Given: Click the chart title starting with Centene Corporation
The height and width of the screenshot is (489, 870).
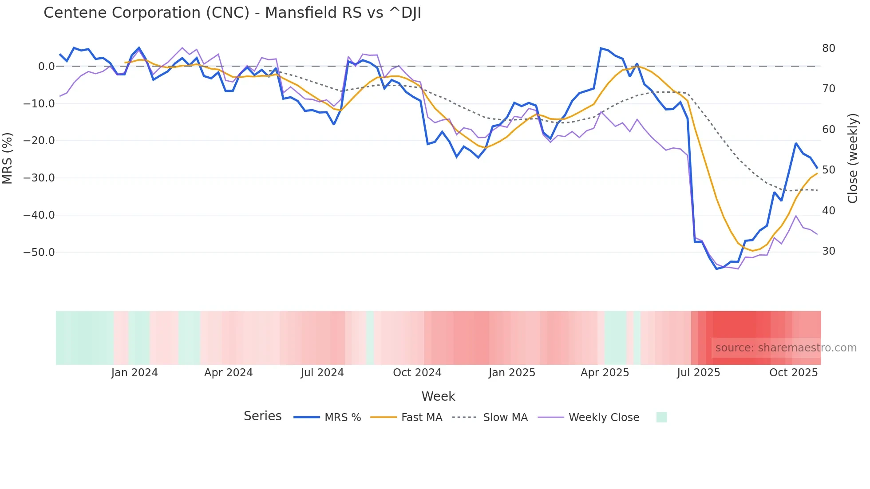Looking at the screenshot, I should (232, 13).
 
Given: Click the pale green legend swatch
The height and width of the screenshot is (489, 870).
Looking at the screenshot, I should (661, 417).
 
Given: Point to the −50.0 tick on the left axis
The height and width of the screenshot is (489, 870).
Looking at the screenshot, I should (39, 252).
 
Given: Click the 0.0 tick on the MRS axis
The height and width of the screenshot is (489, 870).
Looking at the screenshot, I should (46, 67).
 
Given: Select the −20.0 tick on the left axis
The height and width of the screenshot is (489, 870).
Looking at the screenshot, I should (39, 141).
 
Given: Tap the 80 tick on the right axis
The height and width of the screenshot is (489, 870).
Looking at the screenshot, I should (828, 48).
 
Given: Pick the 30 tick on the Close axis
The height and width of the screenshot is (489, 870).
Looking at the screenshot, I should (828, 251).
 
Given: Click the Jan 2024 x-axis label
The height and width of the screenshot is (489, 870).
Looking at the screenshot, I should (134, 373).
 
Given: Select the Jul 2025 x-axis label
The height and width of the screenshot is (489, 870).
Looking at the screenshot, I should (698, 373).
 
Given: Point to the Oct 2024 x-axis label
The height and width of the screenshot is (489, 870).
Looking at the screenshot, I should (417, 373).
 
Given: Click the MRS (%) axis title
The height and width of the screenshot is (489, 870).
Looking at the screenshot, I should (8, 158).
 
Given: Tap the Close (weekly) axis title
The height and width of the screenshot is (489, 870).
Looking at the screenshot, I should (852, 158).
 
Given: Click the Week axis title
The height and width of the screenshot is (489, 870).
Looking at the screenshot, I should (438, 396).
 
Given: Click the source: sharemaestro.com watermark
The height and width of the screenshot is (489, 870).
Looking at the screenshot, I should (786, 348).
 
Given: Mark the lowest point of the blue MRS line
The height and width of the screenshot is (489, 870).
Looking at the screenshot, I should (716, 269).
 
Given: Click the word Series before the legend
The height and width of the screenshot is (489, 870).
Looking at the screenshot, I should (262, 416).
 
